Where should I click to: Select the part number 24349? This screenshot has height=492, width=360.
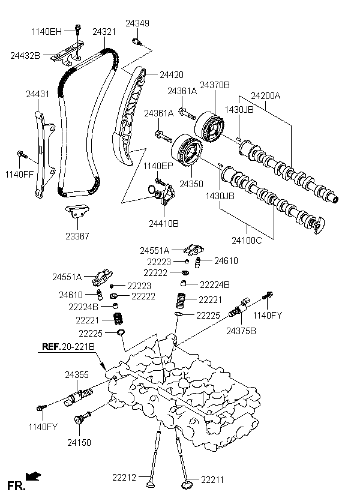(x=137, y=23)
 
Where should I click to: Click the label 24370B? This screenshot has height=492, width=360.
(x=215, y=85)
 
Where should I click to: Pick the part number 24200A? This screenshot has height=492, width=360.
(x=265, y=95)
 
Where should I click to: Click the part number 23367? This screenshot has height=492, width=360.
(x=77, y=236)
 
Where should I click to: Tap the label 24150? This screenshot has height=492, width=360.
(x=79, y=442)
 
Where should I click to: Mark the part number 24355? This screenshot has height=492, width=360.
(x=77, y=375)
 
